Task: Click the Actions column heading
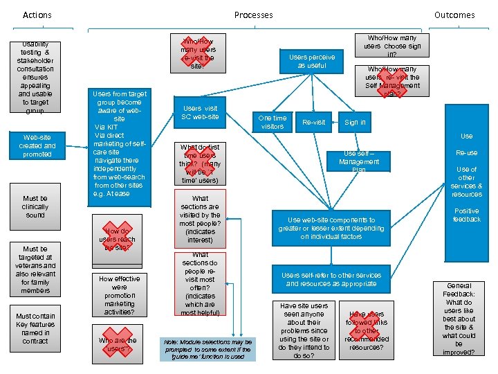click(x=37, y=15)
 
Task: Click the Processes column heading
click(x=253, y=15)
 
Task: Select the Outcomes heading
click(x=454, y=15)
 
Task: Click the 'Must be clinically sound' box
click(x=35, y=206)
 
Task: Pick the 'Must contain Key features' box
click(x=35, y=328)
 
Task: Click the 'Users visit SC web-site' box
click(x=200, y=112)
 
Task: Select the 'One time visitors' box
click(x=272, y=122)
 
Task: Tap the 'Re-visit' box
click(x=313, y=122)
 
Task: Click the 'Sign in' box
click(x=355, y=122)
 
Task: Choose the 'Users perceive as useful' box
click(x=312, y=61)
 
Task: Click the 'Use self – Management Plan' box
click(x=359, y=161)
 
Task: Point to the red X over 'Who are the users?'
click(x=118, y=341)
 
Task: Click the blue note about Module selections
click(x=207, y=348)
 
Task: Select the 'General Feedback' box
click(x=459, y=319)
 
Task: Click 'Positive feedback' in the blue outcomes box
click(x=466, y=215)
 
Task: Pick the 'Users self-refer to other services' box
click(x=331, y=279)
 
